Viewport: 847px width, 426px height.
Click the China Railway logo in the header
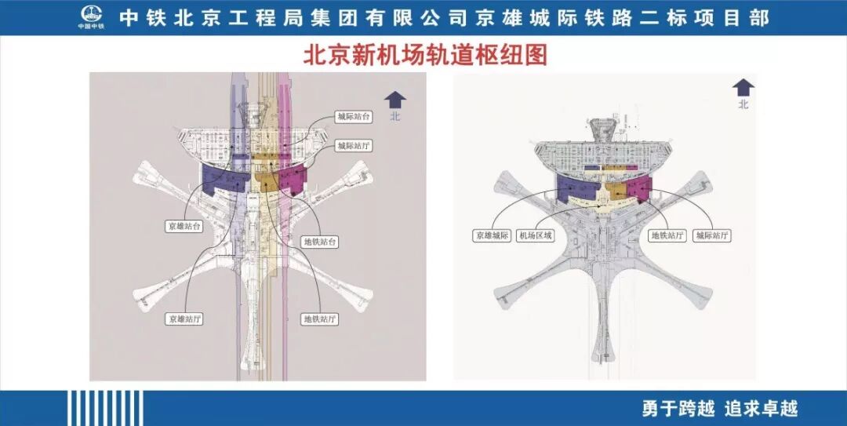[x=92, y=17]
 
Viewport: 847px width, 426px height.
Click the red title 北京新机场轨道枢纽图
[x=424, y=56]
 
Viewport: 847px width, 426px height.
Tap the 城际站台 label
[x=353, y=117]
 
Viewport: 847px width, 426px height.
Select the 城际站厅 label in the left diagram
[x=353, y=145]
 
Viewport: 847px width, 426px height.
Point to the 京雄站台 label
[x=184, y=226]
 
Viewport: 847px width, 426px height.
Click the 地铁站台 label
[x=321, y=242]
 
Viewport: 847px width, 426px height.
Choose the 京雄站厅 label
[x=184, y=319]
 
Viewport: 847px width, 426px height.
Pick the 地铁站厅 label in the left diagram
[x=321, y=319]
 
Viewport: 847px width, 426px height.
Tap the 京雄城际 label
[x=492, y=235]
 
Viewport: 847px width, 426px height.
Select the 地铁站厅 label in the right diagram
[x=668, y=235]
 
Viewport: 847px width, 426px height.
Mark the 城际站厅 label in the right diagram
[x=713, y=235]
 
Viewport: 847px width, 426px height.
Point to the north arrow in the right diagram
[x=743, y=88]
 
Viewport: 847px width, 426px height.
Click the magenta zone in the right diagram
[x=641, y=188]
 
